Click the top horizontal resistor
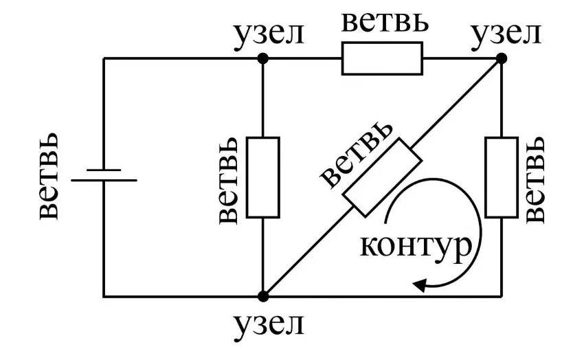(382, 58)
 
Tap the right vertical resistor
(501, 177)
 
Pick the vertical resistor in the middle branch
(262, 177)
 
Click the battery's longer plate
(104, 181)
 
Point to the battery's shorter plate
(104, 169)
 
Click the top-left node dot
(262, 59)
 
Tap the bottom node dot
(262, 296)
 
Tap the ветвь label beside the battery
(53, 178)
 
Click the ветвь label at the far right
(537, 178)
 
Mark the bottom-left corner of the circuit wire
(104, 296)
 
